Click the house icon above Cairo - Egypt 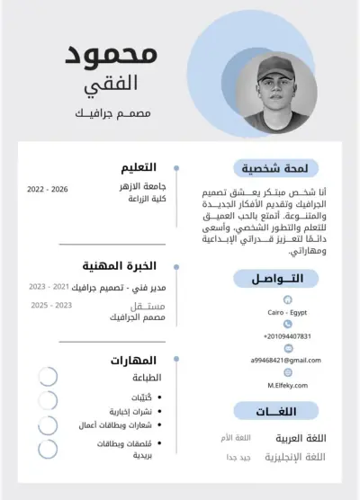287,299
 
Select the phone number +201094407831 287,335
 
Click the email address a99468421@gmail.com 285,360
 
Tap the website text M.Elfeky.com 287,384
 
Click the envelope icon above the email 287,347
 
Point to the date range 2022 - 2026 48,190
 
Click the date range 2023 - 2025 51,306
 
